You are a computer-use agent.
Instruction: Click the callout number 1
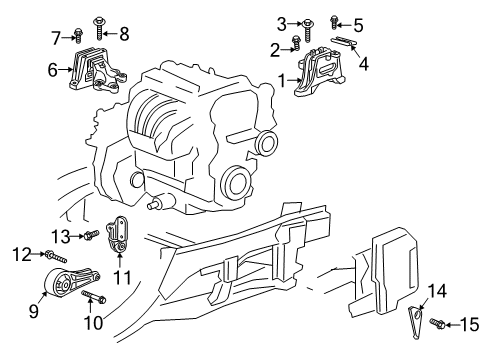click(x=283, y=79)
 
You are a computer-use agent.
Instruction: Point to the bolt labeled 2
click(x=298, y=43)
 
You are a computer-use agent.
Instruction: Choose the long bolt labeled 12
click(x=51, y=255)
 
